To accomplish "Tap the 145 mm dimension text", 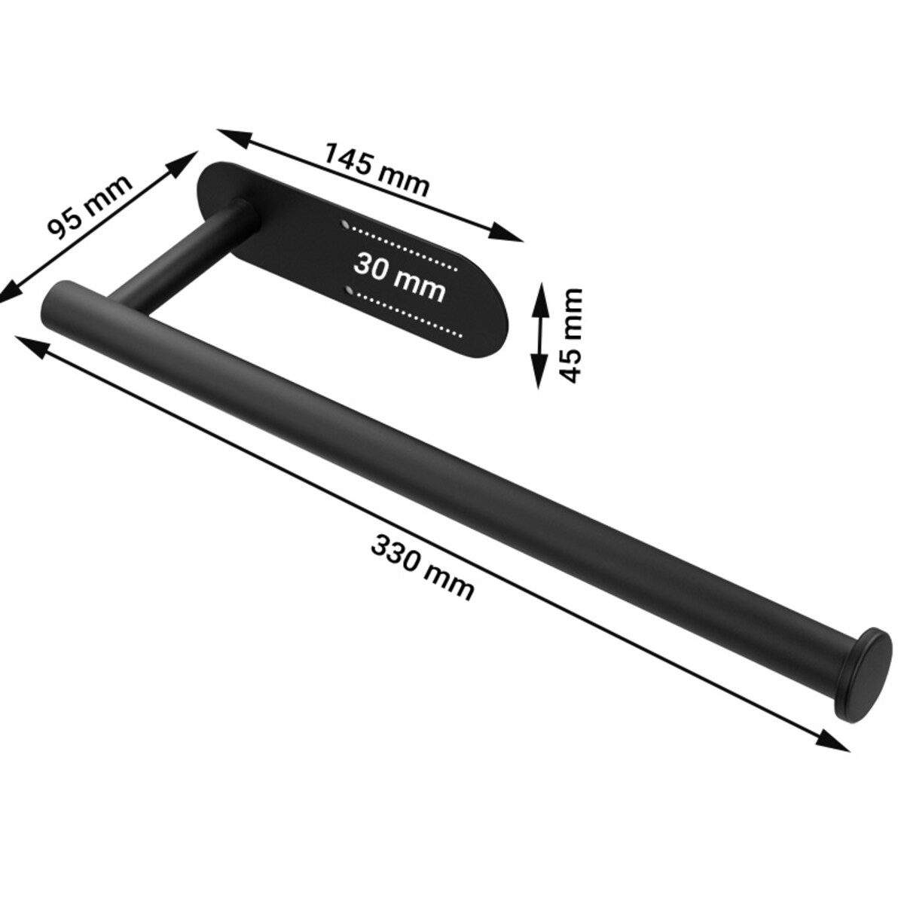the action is [x=376, y=169].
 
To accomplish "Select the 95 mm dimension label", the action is [x=89, y=206].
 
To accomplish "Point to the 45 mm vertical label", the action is [x=571, y=335].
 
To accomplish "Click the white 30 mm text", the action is [x=399, y=277].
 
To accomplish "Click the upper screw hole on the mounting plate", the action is [x=345, y=224].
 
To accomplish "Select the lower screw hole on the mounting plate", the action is [x=350, y=292].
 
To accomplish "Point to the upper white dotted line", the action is [x=404, y=249].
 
